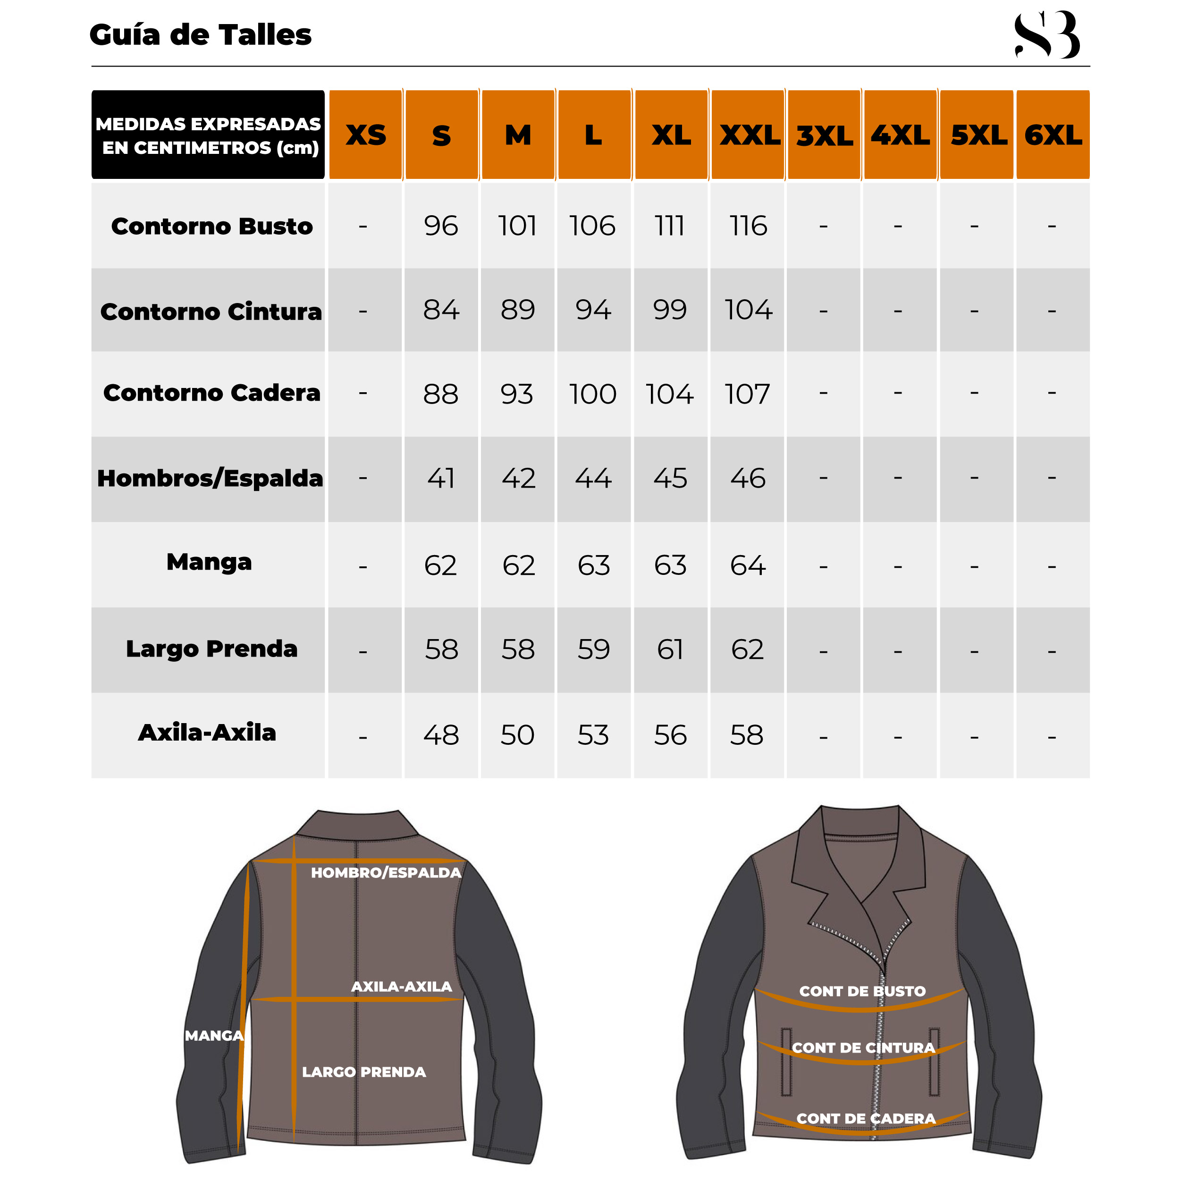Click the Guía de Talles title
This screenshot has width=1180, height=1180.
(x=200, y=35)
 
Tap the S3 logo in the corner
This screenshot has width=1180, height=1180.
(x=1046, y=35)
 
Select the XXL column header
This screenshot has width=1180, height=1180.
(x=749, y=135)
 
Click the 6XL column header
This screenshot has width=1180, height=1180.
(x=1053, y=135)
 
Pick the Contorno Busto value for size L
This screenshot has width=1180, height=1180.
(x=592, y=226)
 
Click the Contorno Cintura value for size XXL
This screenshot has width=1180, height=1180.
(x=748, y=310)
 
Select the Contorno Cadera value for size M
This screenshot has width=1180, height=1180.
(x=517, y=394)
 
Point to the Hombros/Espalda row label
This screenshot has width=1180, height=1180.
(x=210, y=478)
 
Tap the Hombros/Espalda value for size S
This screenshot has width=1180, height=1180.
(x=440, y=478)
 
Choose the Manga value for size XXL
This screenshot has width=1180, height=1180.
(x=748, y=565)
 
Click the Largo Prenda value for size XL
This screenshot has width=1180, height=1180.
(x=670, y=649)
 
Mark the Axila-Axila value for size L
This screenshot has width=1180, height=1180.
(x=593, y=735)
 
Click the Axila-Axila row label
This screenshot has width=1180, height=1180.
(x=207, y=733)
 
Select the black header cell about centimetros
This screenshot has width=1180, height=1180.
(x=208, y=135)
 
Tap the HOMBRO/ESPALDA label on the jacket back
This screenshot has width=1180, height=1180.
(x=386, y=873)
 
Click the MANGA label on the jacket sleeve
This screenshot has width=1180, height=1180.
(x=214, y=1036)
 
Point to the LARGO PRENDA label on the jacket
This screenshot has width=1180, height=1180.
(x=363, y=1072)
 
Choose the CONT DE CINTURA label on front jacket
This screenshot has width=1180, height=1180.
(x=863, y=1048)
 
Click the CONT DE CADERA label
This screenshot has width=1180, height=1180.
(x=866, y=1119)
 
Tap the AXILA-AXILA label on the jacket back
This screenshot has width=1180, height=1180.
(x=401, y=987)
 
